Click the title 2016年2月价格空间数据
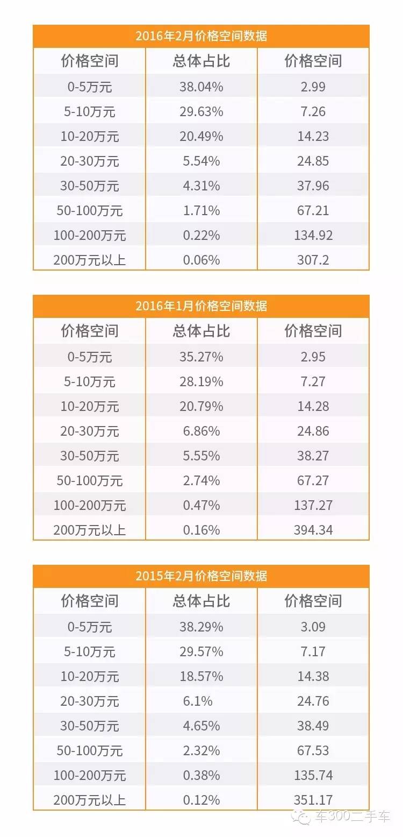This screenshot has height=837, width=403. click(x=201, y=37)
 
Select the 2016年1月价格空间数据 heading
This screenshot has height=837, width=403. click(x=201, y=307)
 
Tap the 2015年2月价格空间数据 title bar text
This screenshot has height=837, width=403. click(x=201, y=577)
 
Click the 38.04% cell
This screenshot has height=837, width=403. click(x=201, y=87)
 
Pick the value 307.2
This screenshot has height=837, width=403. click(x=313, y=260)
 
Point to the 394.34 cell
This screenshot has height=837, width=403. click(x=313, y=530)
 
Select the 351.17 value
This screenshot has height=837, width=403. click(x=313, y=800)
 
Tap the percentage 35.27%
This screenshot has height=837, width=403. click(x=201, y=357)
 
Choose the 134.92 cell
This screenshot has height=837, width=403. click(x=313, y=236)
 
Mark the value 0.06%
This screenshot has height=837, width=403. click(x=201, y=260)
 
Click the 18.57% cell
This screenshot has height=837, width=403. click(x=201, y=677)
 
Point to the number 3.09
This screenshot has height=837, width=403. click(x=313, y=627)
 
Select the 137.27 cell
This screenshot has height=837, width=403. click(x=313, y=506)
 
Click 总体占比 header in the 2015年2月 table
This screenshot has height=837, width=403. click(x=201, y=601)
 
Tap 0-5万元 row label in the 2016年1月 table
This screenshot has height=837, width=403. click(x=89, y=357)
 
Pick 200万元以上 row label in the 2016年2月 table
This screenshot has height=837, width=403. click(x=89, y=260)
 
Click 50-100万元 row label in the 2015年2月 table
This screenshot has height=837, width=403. click(x=89, y=751)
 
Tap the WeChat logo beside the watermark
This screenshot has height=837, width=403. click(x=301, y=818)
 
